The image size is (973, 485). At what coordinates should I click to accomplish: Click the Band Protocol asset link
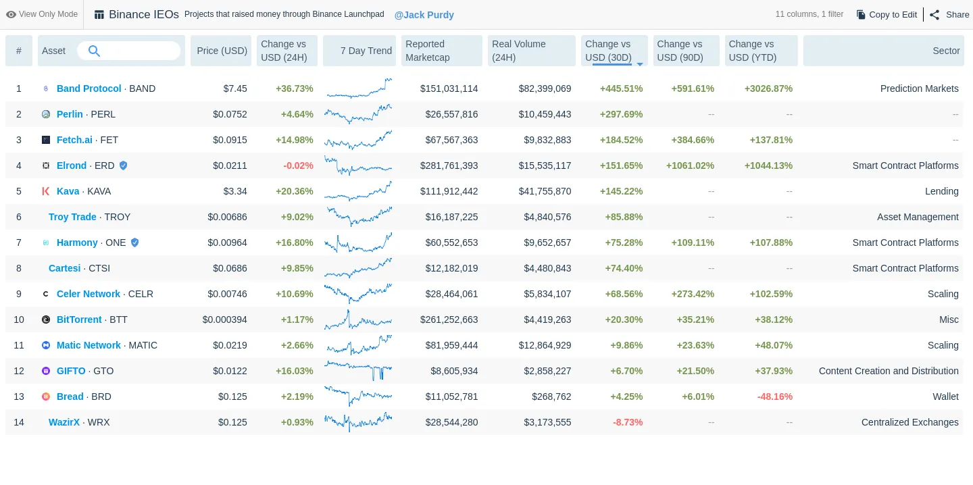click(89, 88)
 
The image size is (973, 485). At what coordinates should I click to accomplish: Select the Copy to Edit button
click(887, 14)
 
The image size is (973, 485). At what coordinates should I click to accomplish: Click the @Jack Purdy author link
click(424, 15)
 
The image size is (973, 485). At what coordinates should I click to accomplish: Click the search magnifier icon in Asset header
click(94, 51)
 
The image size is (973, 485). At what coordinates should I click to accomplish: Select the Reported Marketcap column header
click(441, 51)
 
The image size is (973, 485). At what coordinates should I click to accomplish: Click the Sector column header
click(946, 51)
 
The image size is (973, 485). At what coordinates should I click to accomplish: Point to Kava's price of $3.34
click(235, 191)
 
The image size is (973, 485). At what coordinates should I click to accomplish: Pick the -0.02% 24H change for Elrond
click(298, 165)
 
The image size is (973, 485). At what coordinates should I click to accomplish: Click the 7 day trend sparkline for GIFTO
click(357, 371)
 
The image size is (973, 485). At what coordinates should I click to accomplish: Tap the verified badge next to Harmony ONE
click(134, 242)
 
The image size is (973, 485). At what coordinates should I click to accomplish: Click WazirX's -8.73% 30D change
click(628, 422)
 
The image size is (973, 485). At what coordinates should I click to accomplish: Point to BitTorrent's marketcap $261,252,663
click(449, 320)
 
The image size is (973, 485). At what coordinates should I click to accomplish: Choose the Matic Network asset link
click(89, 345)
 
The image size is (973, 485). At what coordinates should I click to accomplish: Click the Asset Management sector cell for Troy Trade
click(918, 217)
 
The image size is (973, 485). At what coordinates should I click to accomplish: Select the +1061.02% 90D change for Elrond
click(690, 165)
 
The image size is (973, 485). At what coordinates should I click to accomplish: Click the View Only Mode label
click(42, 14)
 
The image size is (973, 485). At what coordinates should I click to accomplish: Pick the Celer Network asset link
click(88, 294)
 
